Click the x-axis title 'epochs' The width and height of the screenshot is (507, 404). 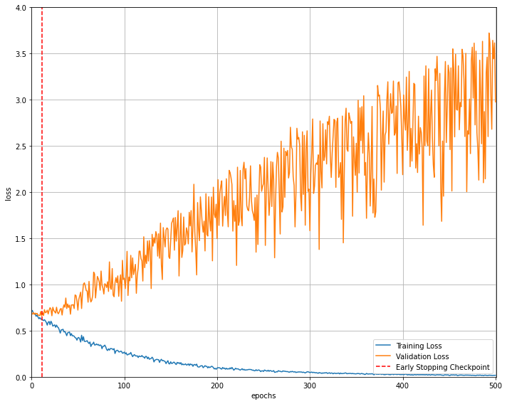[x=263, y=395]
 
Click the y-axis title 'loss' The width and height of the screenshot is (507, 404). [x=8, y=193]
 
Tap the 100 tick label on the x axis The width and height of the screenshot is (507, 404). [x=125, y=386]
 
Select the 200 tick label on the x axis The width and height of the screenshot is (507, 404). [x=217, y=386]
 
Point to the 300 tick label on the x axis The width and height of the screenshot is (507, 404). [x=310, y=386]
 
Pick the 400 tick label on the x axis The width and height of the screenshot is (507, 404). [x=402, y=386]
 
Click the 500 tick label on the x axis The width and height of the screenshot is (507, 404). [x=495, y=386]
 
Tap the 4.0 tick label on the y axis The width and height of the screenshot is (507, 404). [x=21, y=8]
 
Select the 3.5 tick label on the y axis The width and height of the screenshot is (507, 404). [x=21, y=54]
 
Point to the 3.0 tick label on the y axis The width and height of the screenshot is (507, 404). [x=21, y=100]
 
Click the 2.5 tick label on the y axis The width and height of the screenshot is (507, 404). [x=21, y=147]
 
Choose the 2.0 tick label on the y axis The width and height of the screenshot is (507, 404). [x=21, y=193]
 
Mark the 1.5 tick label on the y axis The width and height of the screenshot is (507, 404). [x=21, y=239]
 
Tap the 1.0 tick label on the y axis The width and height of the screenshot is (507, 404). [x=21, y=285]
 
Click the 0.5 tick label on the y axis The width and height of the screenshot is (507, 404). [x=21, y=331]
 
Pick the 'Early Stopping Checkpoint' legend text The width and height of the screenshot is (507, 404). [x=442, y=368]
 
